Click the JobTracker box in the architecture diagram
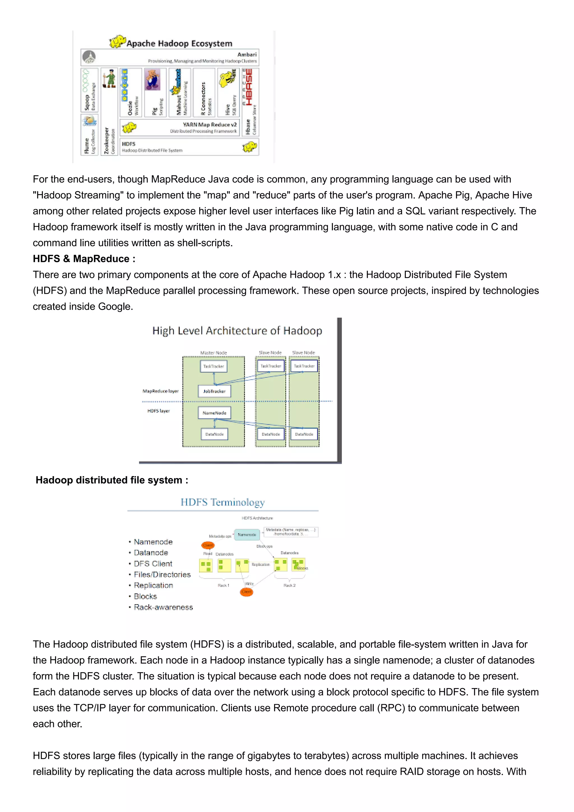click(214, 391)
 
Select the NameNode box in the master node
click(214, 413)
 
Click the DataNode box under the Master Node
click(214, 434)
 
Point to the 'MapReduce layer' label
click(160, 391)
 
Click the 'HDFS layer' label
click(158, 411)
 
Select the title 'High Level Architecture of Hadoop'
click(237, 331)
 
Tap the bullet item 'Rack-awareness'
click(163, 607)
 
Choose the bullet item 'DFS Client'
click(153, 564)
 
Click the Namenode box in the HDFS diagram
click(247, 535)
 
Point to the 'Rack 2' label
click(289, 585)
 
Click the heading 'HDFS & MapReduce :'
click(84, 259)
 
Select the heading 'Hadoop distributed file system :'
click(112, 480)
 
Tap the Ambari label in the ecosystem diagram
click(247, 54)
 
